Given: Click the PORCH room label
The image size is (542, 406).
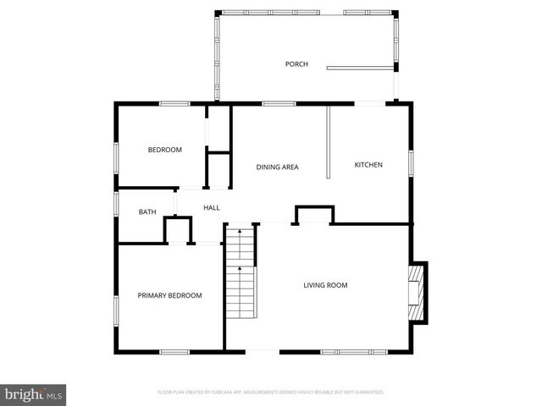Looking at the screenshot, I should pyautogui.click(x=296, y=64).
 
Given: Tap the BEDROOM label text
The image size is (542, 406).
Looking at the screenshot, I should pyautogui.click(x=164, y=150).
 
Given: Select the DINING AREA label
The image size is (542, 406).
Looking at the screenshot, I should pyautogui.click(x=277, y=167).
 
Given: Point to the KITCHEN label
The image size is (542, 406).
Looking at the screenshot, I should pyautogui.click(x=368, y=164).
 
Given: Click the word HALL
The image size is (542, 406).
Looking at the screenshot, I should pyautogui.click(x=211, y=207).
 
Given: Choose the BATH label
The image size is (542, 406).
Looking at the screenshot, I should pyautogui.click(x=147, y=211).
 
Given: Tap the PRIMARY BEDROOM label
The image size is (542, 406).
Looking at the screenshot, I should pyautogui.click(x=169, y=295).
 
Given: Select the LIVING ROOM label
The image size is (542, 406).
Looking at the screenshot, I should pyautogui.click(x=325, y=285).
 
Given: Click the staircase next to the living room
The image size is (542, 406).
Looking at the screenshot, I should pyautogui.click(x=241, y=275).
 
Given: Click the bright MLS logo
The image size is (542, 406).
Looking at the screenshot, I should pyautogui.click(x=33, y=394).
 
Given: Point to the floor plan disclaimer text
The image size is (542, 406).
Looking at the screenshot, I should pyautogui.click(x=271, y=392).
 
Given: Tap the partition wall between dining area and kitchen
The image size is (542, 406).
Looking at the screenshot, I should pyautogui.click(x=328, y=141).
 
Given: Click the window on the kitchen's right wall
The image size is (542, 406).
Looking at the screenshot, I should pyautogui.click(x=411, y=162).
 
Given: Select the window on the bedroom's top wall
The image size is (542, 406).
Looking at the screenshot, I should pyautogui.click(x=174, y=103).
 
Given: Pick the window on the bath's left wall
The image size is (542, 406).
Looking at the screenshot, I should pyautogui.click(x=116, y=204).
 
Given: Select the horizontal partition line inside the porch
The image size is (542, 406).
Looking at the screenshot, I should pyautogui.click(x=361, y=68).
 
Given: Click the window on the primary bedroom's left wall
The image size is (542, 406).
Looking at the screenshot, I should pyautogui.click(x=116, y=309).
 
